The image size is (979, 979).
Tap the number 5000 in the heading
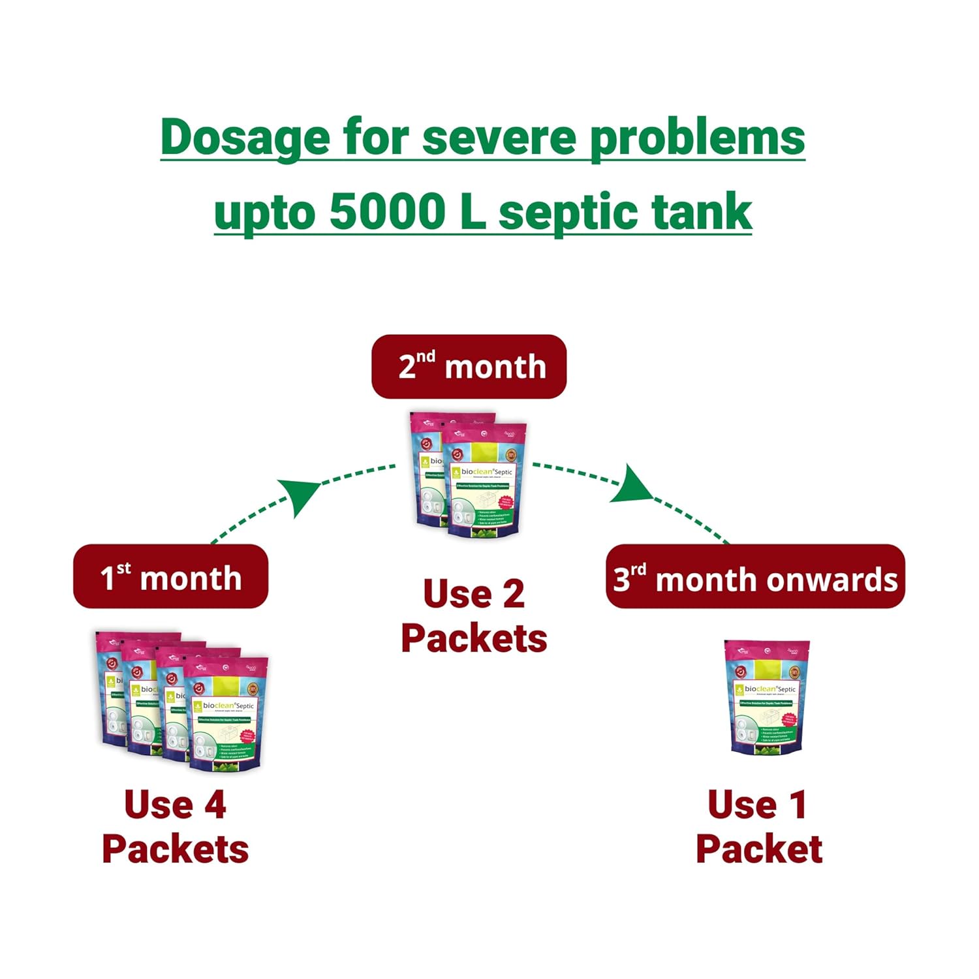tap(387, 212)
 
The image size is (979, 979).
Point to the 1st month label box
tap(170, 577)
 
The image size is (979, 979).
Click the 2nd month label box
tap(469, 367)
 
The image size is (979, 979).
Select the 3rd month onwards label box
tap(755, 578)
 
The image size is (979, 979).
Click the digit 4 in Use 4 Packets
tap(215, 804)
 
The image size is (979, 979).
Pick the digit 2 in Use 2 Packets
tap(513, 594)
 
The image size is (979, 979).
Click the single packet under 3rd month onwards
tap(768, 697)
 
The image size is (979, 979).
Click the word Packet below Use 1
tap(759, 848)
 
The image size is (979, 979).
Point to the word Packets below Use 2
tap(474, 638)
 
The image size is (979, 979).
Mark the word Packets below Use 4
tap(175, 848)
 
